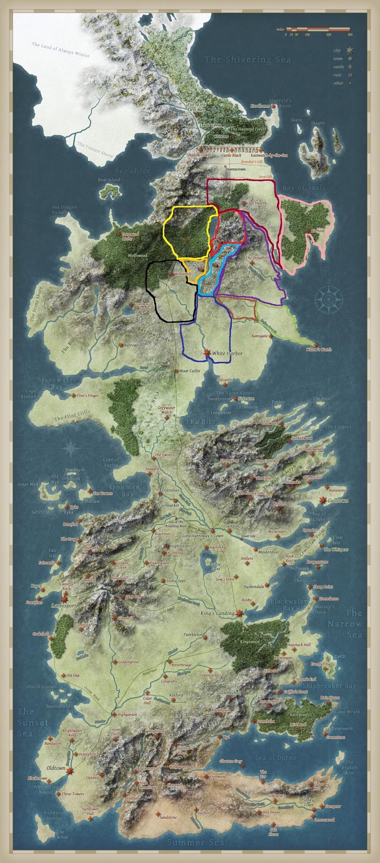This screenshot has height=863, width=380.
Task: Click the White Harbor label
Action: pos(227,354)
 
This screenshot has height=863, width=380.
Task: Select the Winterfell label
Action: pos(183,274)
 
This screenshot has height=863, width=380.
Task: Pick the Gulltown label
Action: pos(338,501)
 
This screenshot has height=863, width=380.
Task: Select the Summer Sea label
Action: pos(192,843)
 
